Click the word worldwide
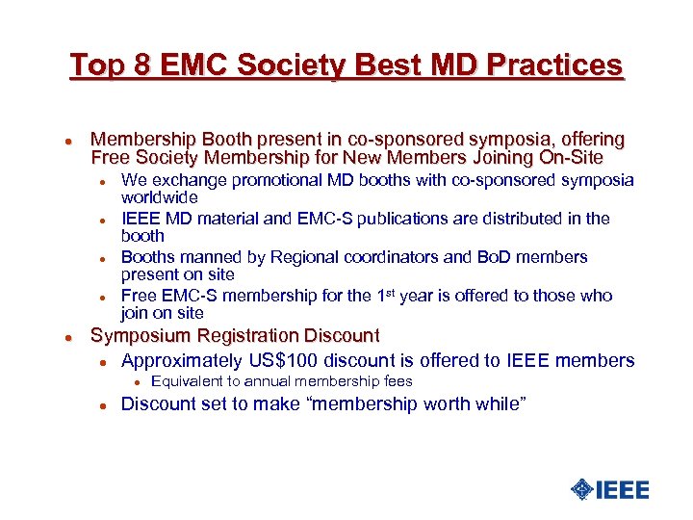click(159, 196)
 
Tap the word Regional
click(317, 257)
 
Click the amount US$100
click(279, 360)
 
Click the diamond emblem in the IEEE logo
click(581, 489)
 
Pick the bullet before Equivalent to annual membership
click(136, 382)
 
